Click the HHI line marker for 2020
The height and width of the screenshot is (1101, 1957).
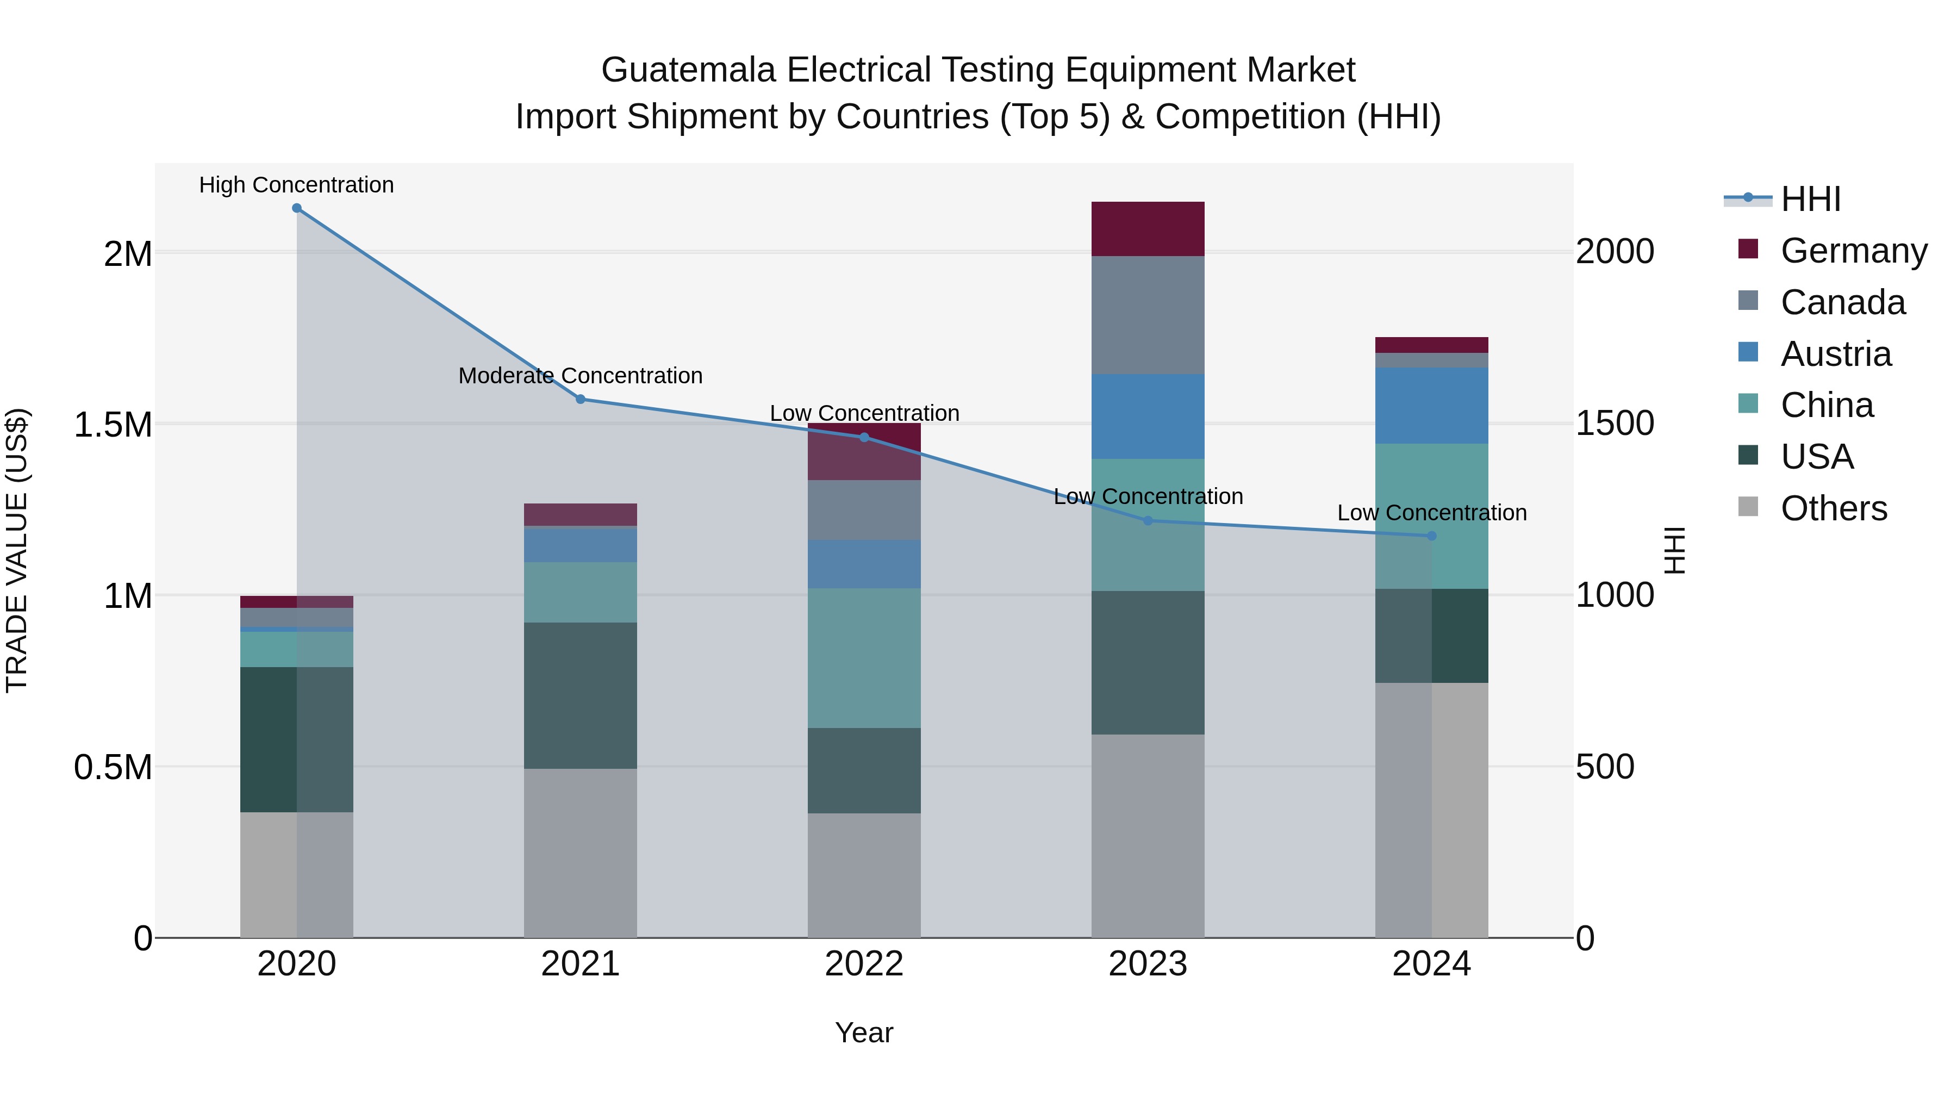tap(297, 208)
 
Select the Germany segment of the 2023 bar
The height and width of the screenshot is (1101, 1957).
tap(1148, 229)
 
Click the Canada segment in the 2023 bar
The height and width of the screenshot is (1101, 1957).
tap(1148, 315)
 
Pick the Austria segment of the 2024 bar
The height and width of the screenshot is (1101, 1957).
tap(1431, 406)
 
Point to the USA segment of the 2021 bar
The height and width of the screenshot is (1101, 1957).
tap(581, 695)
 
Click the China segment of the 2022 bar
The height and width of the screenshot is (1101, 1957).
tap(864, 658)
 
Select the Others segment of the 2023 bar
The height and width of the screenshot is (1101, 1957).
tap(1148, 836)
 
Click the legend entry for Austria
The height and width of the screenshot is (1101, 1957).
tap(1835, 354)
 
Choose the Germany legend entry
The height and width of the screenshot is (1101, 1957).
tap(1853, 251)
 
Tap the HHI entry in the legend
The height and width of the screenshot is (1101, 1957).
tap(1810, 199)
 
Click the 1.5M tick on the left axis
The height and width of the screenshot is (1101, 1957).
tap(113, 425)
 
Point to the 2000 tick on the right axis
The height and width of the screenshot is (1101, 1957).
tap(1615, 252)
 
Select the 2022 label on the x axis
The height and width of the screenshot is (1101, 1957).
tap(864, 964)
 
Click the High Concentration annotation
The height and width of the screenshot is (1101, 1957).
tap(296, 185)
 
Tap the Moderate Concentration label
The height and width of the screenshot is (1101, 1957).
tap(581, 376)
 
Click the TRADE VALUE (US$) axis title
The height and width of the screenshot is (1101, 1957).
tap(17, 550)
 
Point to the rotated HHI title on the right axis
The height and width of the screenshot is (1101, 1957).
tap(1674, 550)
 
